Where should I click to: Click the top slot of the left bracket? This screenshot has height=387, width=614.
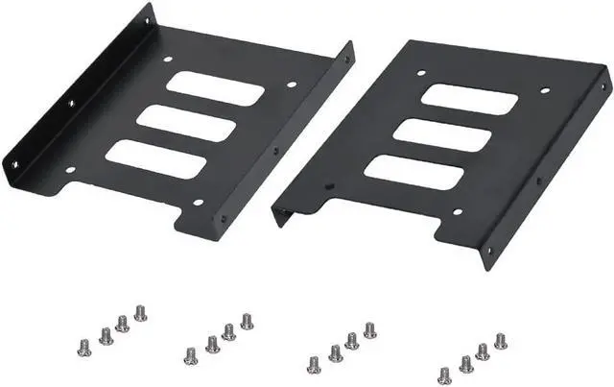pyautogui.click(x=215, y=88)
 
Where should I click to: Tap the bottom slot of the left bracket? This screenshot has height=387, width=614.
pyautogui.click(x=155, y=158)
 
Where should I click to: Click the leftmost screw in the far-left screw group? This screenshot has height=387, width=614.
pyautogui.click(x=83, y=341)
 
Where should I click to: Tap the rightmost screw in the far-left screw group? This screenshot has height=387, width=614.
pyautogui.click(x=140, y=312)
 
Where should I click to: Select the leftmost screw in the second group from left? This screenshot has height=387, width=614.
pyautogui.click(x=191, y=354)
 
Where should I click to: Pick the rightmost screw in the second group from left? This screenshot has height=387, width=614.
pyautogui.click(x=247, y=320)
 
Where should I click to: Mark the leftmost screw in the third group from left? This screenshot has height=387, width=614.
pyautogui.click(x=314, y=363)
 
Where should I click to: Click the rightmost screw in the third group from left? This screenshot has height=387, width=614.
pyautogui.click(x=369, y=330)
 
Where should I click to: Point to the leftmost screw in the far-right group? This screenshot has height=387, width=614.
pyautogui.click(x=445, y=375)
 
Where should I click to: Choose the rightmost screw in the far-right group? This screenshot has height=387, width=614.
pyautogui.click(x=500, y=340)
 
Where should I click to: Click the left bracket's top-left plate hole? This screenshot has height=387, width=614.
pyautogui.click(x=168, y=59)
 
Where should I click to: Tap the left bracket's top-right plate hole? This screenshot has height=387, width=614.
pyautogui.click(x=292, y=85)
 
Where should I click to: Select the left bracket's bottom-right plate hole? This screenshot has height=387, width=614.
pyautogui.click(x=198, y=203)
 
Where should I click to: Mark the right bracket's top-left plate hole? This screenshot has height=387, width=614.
pyautogui.click(x=418, y=71)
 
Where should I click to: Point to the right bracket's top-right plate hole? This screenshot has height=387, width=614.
pyautogui.click(x=545, y=91)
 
